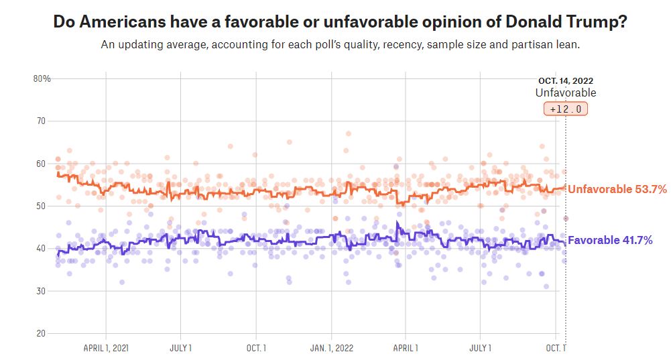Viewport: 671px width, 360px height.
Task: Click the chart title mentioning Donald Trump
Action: [x=340, y=21]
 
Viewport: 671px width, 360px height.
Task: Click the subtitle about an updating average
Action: [x=340, y=45]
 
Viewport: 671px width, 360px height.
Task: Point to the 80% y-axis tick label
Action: [x=42, y=78]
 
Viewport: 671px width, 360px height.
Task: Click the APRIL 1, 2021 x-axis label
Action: [x=106, y=348]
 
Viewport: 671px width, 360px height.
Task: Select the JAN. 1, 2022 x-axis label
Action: [x=331, y=348]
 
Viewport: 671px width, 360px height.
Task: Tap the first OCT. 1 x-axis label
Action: [x=255, y=348]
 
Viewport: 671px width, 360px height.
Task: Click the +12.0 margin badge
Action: [x=565, y=109]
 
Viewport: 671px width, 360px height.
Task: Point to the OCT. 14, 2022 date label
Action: [x=565, y=81]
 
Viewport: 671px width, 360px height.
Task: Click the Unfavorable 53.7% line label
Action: [x=617, y=189]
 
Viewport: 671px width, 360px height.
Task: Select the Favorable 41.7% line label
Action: [x=610, y=240]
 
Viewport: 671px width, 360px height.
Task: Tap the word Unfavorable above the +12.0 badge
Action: [x=565, y=93]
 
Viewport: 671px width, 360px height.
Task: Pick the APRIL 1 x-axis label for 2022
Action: [x=405, y=348]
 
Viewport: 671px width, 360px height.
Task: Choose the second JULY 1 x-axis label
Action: [x=480, y=348]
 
